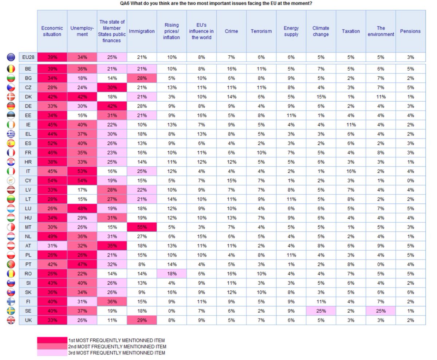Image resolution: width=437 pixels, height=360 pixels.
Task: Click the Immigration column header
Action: click(142, 31)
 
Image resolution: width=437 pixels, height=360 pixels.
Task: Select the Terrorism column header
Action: click(261, 31)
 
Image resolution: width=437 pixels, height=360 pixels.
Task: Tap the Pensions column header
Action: click(410, 31)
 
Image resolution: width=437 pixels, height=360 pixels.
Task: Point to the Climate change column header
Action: click(320, 31)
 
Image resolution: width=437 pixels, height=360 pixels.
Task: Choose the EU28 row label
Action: click(28, 57)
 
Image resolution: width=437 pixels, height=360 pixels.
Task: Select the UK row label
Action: click(28, 320)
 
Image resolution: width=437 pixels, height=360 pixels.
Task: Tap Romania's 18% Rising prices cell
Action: click(172, 273)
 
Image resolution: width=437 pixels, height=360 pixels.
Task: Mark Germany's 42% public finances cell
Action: click(112, 106)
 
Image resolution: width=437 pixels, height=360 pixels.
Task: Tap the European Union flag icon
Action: click(11, 57)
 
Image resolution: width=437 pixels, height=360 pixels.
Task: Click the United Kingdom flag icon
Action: click(11, 320)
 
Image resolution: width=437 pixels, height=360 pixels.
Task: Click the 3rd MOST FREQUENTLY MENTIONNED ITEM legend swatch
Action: click(52, 353)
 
